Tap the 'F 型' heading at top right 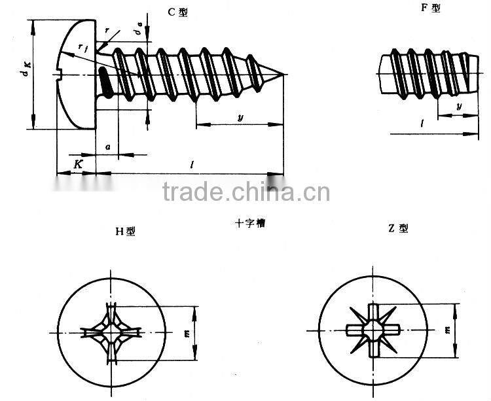coord(431,9)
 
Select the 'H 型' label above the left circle coord(125,230)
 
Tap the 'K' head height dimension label coord(77,164)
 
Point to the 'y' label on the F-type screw coord(458,106)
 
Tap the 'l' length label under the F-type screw coord(424,124)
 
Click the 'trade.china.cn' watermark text coord(245,192)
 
